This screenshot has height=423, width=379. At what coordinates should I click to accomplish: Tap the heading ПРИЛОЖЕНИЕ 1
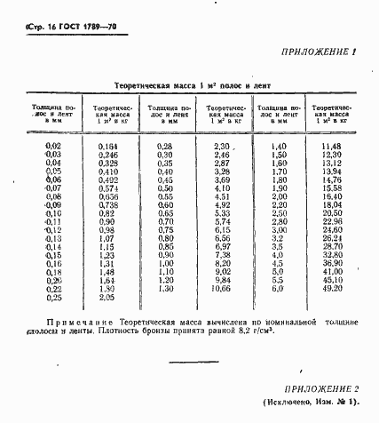(319, 52)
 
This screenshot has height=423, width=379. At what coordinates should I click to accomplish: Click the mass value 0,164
(107, 145)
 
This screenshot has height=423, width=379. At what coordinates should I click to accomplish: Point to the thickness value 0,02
(53, 145)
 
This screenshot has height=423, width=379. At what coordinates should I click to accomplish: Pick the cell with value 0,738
(107, 204)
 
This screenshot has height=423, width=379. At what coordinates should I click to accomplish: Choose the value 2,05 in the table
(107, 297)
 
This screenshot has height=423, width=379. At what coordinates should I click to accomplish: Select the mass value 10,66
(222, 289)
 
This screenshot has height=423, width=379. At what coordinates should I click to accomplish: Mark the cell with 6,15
(222, 230)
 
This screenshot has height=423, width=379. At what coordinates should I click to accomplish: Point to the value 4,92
(222, 204)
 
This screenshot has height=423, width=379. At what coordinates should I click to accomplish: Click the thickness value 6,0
(277, 289)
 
